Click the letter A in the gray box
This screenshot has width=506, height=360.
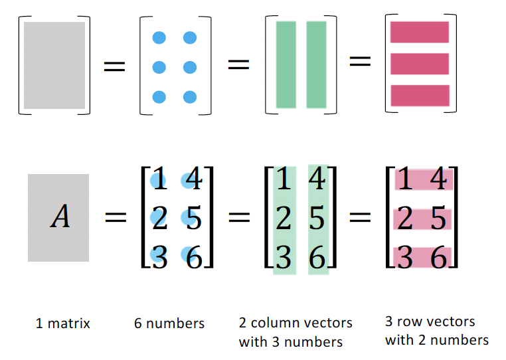[x=60, y=217]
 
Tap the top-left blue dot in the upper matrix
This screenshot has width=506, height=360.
[x=159, y=38]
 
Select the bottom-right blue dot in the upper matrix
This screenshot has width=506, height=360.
[x=190, y=97]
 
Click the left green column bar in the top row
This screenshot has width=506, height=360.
[x=286, y=64]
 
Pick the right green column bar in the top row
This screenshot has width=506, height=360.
[x=316, y=64]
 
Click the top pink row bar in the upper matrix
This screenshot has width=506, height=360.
[x=420, y=32]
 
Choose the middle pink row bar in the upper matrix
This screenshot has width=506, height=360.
[x=420, y=64]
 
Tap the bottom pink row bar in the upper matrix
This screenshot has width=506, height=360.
[x=420, y=95]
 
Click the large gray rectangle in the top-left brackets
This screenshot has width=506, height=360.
[x=54, y=65]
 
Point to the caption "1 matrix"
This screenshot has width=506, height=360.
[x=62, y=324]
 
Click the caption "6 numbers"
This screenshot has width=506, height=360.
[x=169, y=324]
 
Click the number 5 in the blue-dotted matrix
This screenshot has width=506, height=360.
[x=194, y=219]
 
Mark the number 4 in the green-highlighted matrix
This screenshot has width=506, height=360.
[x=318, y=181]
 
